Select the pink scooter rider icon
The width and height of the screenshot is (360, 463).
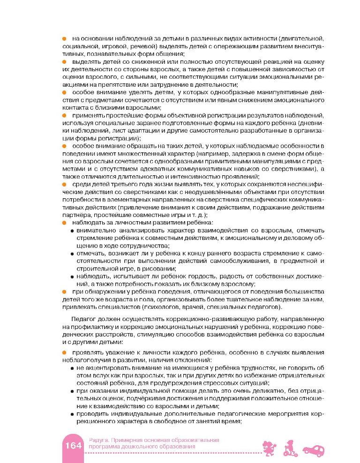pyautogui.click(x=291, y=447)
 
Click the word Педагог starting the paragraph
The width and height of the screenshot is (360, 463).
pyautogui.click(x=80, y=319)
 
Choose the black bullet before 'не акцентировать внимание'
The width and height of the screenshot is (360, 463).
pyautogui.click(x=72, y=368)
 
